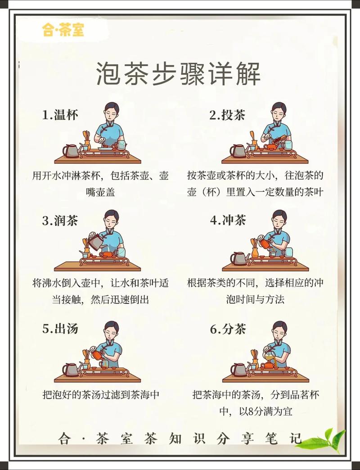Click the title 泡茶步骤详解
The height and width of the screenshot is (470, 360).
(179, 74)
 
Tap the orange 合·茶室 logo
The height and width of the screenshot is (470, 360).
(63, 31)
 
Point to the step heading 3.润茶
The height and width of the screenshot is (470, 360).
(60, 221)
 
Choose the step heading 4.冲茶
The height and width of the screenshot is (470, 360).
(228, 221)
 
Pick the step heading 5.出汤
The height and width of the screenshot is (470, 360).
(60, 329)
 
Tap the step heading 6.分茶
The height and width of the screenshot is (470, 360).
(228, 329)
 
